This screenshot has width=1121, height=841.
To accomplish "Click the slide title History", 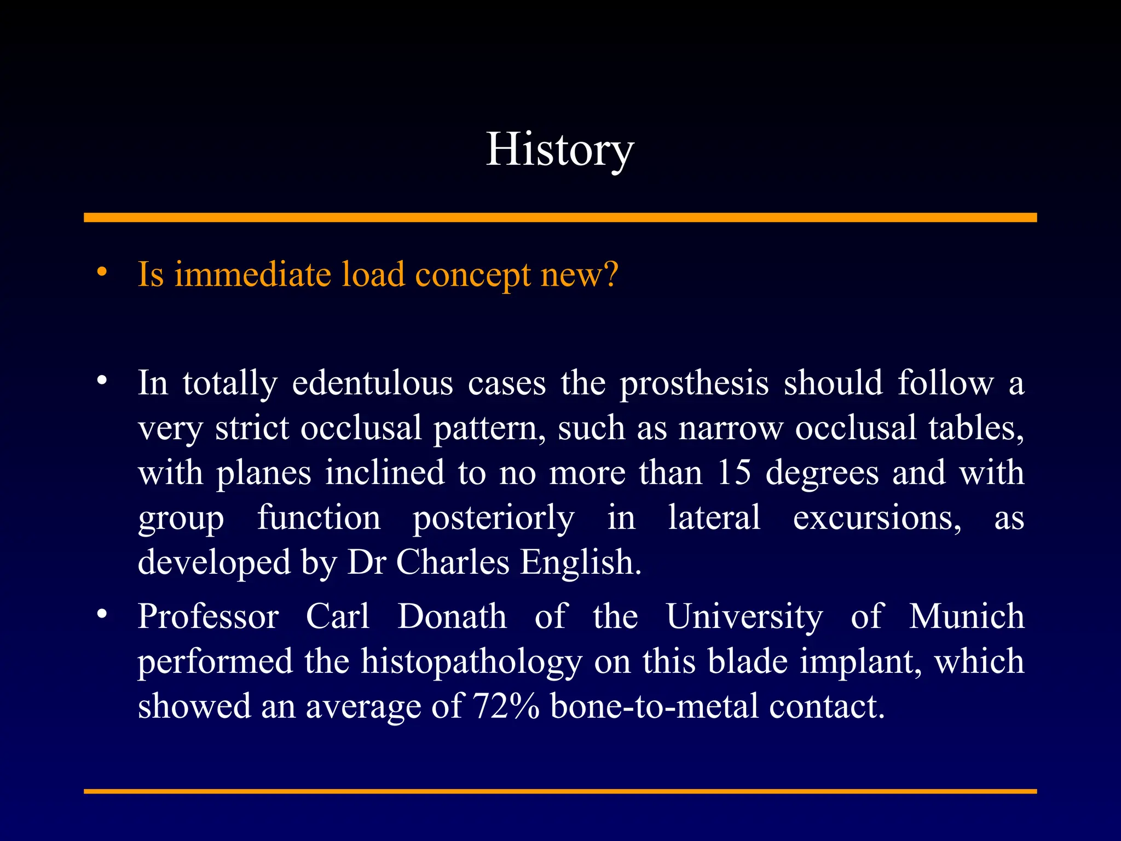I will (x=559, y=149).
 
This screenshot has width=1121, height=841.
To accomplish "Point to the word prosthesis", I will (x=694, y=383).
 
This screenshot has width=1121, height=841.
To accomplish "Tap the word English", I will (x=580, y=562).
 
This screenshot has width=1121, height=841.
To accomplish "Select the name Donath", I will (x=452, y=616).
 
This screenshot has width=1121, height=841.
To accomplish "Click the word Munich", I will (x=967, y=616).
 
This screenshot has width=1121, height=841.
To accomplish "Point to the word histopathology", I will (x=471, y=661).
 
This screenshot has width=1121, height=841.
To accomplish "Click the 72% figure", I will (x=506, y=706).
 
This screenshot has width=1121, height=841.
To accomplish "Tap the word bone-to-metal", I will (x=654, y=706).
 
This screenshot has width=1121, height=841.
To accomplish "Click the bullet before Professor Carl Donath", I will (x=102, y=614).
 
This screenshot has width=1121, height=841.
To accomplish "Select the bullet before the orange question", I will (x=102, y=272).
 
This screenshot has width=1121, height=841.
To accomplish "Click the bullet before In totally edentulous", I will (x=102, y=381).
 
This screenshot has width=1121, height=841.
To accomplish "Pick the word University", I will (x=744, y=616).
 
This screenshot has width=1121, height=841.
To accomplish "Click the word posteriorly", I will (x=493, y=518).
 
